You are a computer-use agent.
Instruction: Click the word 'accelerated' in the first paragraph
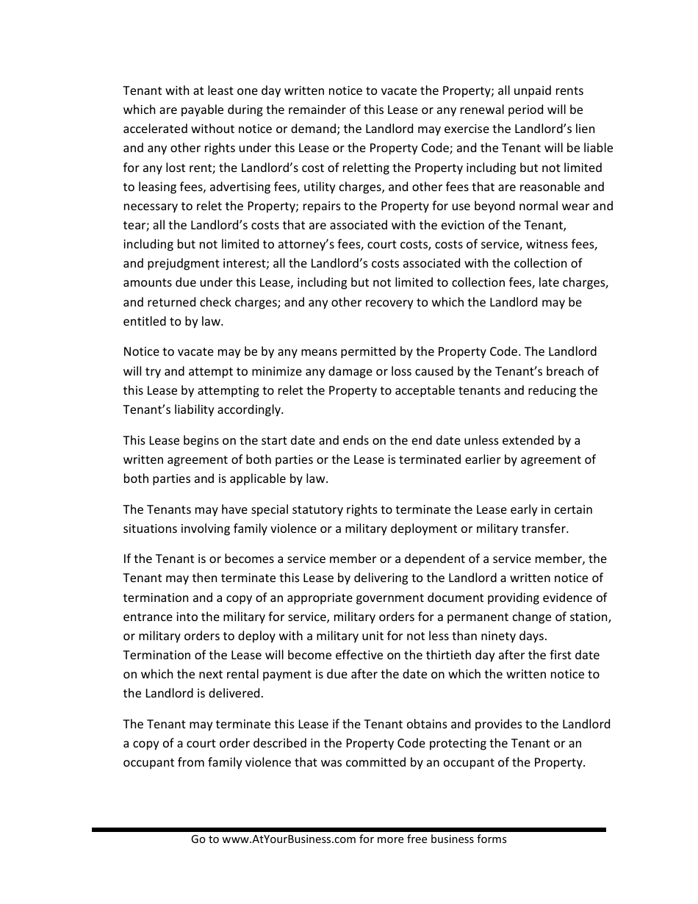pos(155,129)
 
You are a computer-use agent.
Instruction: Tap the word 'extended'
pos(528,440)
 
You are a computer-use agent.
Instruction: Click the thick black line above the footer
pos(349,829)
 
